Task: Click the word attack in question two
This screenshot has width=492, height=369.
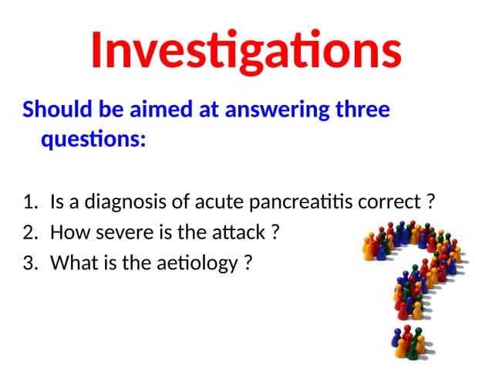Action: click(x=235, y=233)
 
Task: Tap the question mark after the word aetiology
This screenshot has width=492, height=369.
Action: click(x=248, y=263)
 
